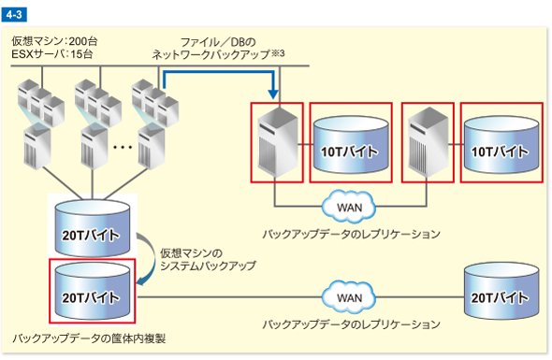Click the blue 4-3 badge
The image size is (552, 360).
(14, 15)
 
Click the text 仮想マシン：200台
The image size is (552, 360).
(54, 41)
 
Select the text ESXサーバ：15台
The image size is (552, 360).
(51, 54)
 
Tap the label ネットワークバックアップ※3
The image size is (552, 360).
(218, 54)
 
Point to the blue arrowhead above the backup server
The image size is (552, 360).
(273, 94)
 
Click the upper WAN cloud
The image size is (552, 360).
(349, 207)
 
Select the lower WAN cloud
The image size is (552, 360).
(349, 297)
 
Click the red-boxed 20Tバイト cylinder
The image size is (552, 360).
(93, 291)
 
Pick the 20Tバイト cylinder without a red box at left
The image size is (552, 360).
(93, 227)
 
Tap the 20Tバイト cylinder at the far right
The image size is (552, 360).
(501, 291)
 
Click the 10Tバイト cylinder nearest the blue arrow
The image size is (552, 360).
(351, 144)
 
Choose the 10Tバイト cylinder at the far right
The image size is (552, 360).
(501, 144)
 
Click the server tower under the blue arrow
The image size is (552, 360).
(278, 142)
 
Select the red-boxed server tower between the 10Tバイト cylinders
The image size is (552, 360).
(429, 142)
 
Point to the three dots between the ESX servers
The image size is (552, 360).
(123, 147)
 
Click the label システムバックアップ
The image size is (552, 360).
(208, 266)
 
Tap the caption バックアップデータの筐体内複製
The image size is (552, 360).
(89, 338)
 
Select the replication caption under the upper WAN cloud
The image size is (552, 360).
(352, 234)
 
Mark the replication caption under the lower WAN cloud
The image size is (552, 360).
(352, 324)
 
